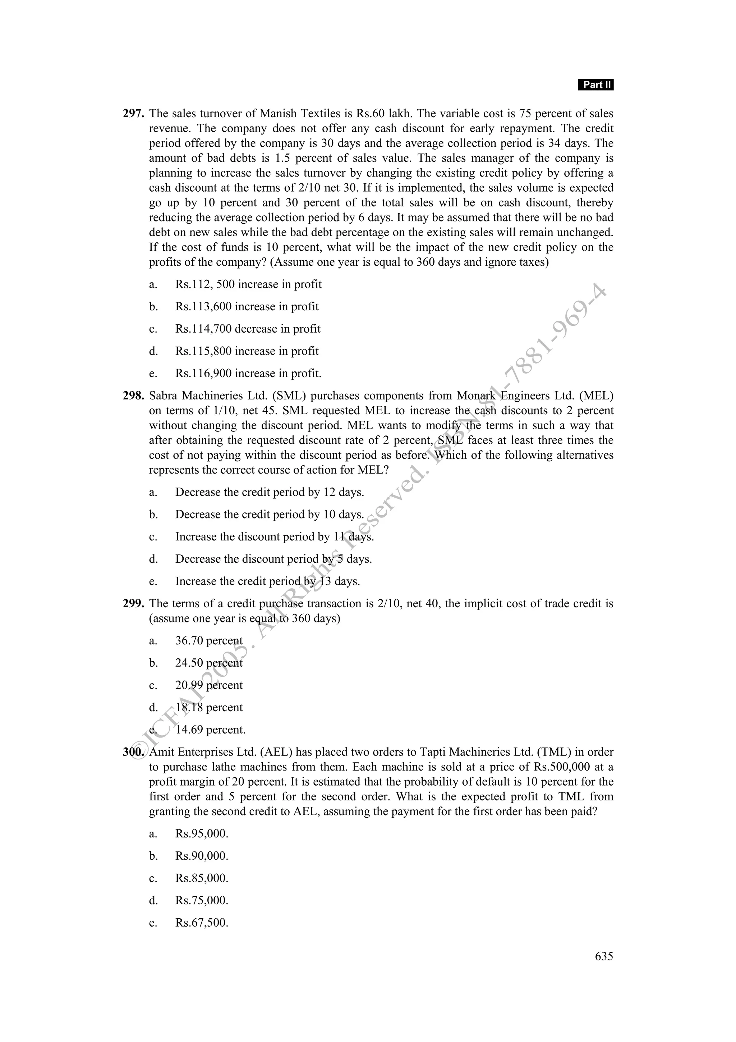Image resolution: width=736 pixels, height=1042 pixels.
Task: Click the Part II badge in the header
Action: click(595, 85)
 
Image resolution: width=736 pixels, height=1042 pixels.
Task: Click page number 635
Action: click(604, 956)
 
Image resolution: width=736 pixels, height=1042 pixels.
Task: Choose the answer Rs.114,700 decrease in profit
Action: click(248, 329)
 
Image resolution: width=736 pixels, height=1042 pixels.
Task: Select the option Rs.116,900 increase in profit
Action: click(248, 374)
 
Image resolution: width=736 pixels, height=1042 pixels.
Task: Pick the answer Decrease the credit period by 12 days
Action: click(270, 492)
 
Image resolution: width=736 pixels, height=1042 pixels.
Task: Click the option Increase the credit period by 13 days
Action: click(267, 581)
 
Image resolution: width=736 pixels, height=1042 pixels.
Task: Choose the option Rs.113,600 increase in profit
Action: click(247, 306)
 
